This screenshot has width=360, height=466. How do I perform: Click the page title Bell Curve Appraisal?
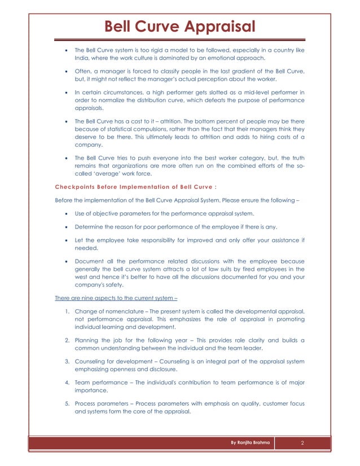[x=180, y=26]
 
